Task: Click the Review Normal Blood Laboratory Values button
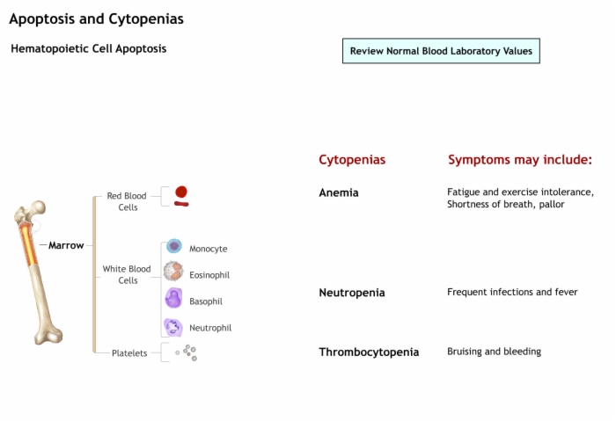tap(441, 51)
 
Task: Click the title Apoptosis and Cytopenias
tap(96, 18)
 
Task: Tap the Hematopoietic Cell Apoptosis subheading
tap(89, 48)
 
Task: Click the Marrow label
tap(66, 245)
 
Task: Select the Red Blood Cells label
tap(127, 201)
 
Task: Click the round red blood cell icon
tap(181, 192)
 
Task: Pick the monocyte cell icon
tap(174, 246)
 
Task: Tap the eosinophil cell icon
tap(173, 271)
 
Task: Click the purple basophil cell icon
tap(173, 298)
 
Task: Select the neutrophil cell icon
tap(173, 327)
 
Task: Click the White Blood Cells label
tap(127, 274)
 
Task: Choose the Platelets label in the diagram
tap(129, 353)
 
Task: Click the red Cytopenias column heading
tap(352, 160)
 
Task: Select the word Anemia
tap(339, 192)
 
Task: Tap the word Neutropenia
tap(352, 293)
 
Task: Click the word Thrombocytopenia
tap(369, 352)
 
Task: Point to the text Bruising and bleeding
tap(495, 352)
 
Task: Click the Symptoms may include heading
tap(520, 160)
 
